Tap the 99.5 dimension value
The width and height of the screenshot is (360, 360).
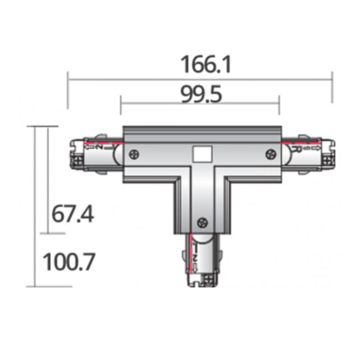tap(201, 94)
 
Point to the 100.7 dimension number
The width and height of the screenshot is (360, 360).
tap(69, 262)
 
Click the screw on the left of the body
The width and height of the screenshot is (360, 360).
tap(134, 154)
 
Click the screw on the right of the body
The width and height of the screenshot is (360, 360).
tap(270, 154)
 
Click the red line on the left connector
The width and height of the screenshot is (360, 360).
tap(103, 144)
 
